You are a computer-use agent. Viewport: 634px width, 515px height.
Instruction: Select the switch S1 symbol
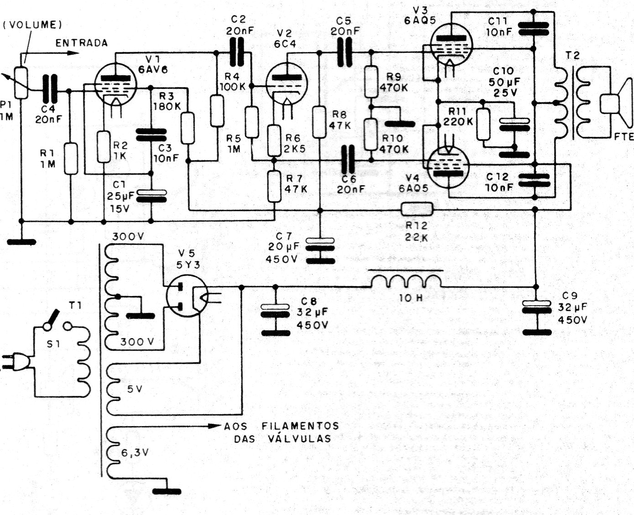(57, 322)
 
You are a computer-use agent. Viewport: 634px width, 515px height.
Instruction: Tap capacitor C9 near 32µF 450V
(536, 307)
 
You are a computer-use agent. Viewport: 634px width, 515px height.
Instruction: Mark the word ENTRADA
(82, 43)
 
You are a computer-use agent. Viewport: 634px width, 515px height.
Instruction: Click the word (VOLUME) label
(33, 25)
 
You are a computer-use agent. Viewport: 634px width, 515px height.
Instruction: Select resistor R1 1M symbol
(71, 159)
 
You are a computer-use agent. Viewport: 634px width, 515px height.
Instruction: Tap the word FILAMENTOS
(300, 426)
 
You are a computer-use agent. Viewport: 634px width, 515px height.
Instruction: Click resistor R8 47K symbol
(320, 122)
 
